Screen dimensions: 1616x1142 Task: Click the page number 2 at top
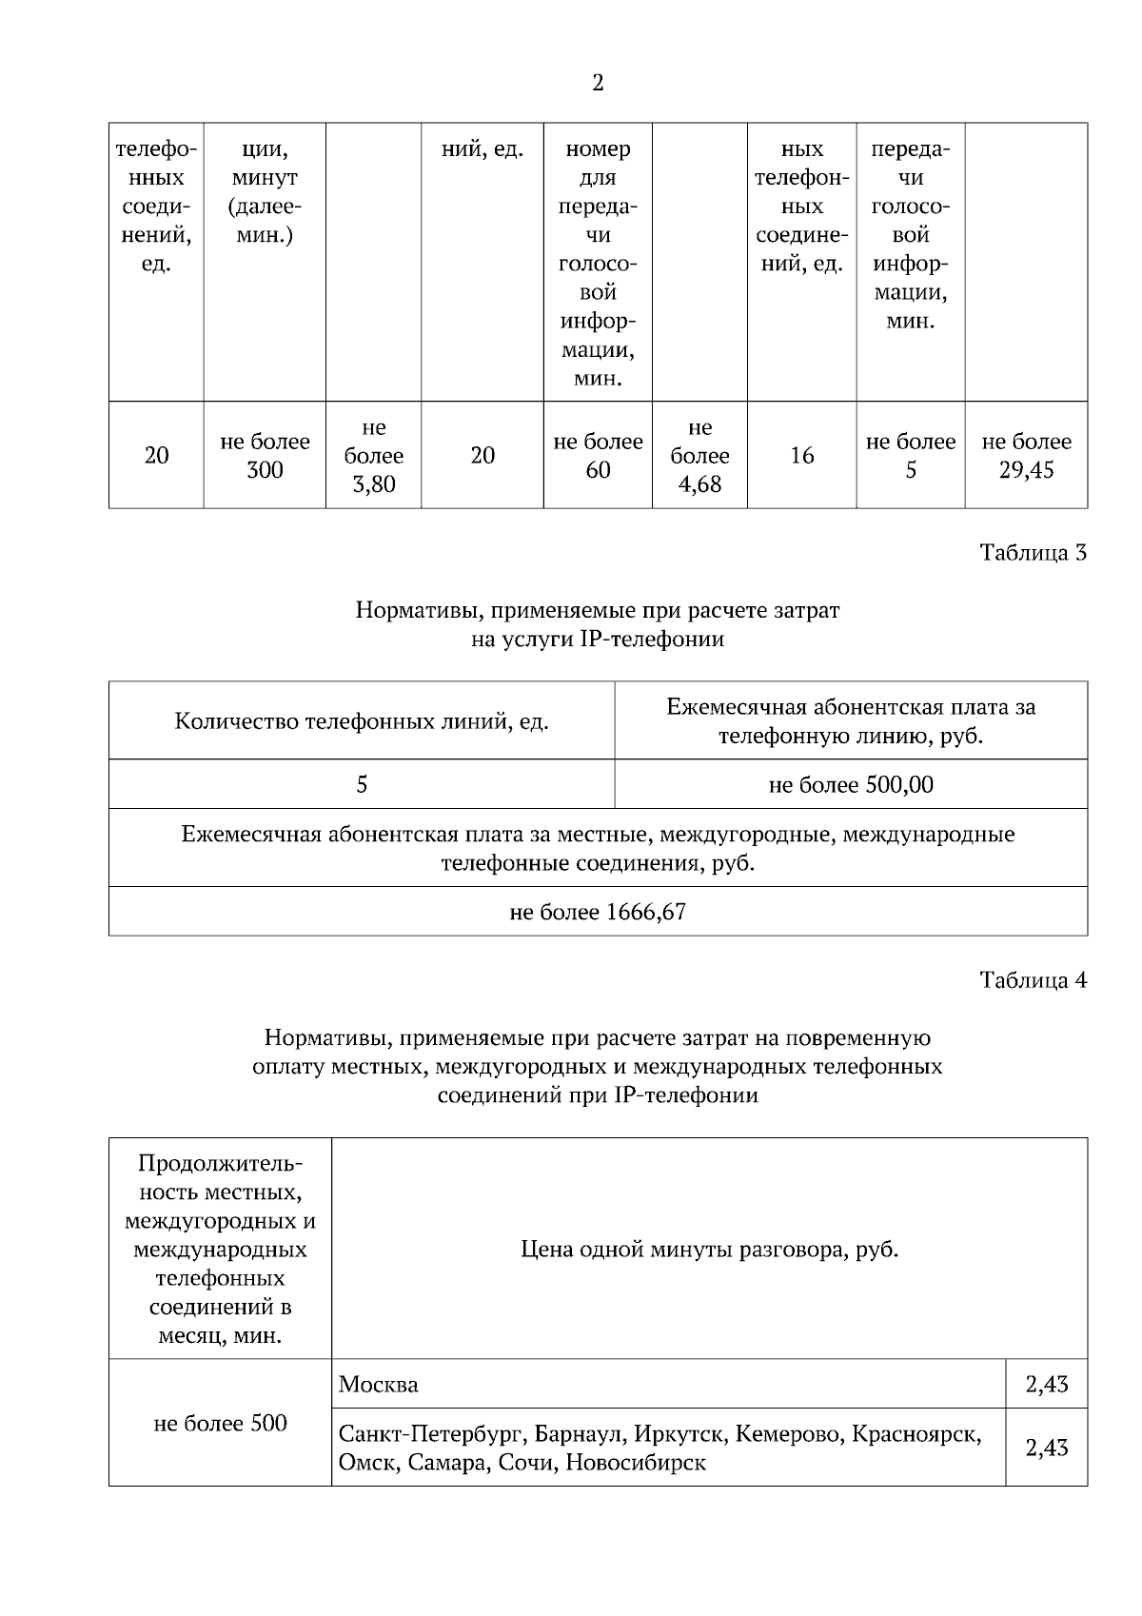pos(598,84)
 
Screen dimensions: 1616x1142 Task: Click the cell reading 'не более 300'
pos(265,456)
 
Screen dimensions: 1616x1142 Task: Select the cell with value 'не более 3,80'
pos(373,456)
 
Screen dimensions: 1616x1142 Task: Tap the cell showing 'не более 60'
pos(598,456)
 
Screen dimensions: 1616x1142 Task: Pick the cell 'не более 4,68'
pos(699,456)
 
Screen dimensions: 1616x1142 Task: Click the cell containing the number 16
pos(801,456)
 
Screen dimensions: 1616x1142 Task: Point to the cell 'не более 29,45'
pos(1026,456)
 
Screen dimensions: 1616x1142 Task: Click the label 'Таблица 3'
pos(1034,553)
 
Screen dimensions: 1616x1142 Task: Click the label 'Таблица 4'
pos(1034,980)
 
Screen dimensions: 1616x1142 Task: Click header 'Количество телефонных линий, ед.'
pos(362,721)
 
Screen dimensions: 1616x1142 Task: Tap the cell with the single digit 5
pos(362,785)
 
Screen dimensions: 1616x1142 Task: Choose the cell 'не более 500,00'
pos(851,785)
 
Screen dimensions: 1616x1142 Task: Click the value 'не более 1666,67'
pos(598,913)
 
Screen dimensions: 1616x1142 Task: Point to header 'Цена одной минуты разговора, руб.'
pos(710,1250)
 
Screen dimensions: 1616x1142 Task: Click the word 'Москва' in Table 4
pos(379,1385)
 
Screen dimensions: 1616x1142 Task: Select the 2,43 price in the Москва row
pos(1047,1385)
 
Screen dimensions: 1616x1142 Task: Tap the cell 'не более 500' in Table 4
pos(220,1424)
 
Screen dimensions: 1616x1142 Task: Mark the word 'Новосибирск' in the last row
pos(636,1463)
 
